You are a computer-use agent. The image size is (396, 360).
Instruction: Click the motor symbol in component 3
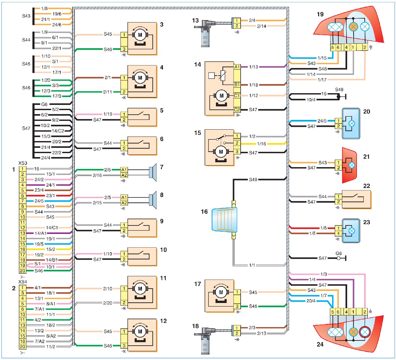[x=140, y=35]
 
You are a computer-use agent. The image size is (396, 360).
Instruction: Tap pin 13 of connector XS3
[x=22, y=233]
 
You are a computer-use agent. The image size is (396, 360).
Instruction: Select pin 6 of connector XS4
[x=22, y=309]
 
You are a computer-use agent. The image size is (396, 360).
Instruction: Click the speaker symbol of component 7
[x=153, y=172]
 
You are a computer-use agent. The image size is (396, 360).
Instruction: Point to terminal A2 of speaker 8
[x=124, y=203]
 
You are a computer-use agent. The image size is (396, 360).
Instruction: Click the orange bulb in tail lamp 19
[x=353, y=27]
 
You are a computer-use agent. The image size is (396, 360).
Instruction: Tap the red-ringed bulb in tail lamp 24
[x=365, y=332]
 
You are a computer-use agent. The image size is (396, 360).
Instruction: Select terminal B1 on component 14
[x=237, y=85]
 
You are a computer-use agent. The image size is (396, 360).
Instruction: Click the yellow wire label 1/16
[x=262, y=144]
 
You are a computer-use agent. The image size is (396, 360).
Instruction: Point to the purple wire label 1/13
[x=253, y=67]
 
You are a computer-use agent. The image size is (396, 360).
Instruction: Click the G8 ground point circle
[x=338, y=258]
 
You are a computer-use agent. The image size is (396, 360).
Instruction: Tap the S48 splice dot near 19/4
[x=338, y=97]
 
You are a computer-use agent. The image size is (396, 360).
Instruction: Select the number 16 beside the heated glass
[x=204, y=212]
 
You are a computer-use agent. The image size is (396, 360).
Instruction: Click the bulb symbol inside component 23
[x=352, y=231]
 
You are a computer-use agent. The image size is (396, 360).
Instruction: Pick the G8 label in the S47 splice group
[x=44, y=104]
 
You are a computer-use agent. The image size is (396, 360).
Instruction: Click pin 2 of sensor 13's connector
[x=237, y=26]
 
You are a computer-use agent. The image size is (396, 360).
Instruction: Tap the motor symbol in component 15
[x=221, y=152]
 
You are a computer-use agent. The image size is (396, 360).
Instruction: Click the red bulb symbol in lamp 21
[x=352, y=165]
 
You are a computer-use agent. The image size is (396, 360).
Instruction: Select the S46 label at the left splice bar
[x=26, y=88]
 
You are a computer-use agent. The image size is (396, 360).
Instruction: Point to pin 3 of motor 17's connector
[x=237, y=306]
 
